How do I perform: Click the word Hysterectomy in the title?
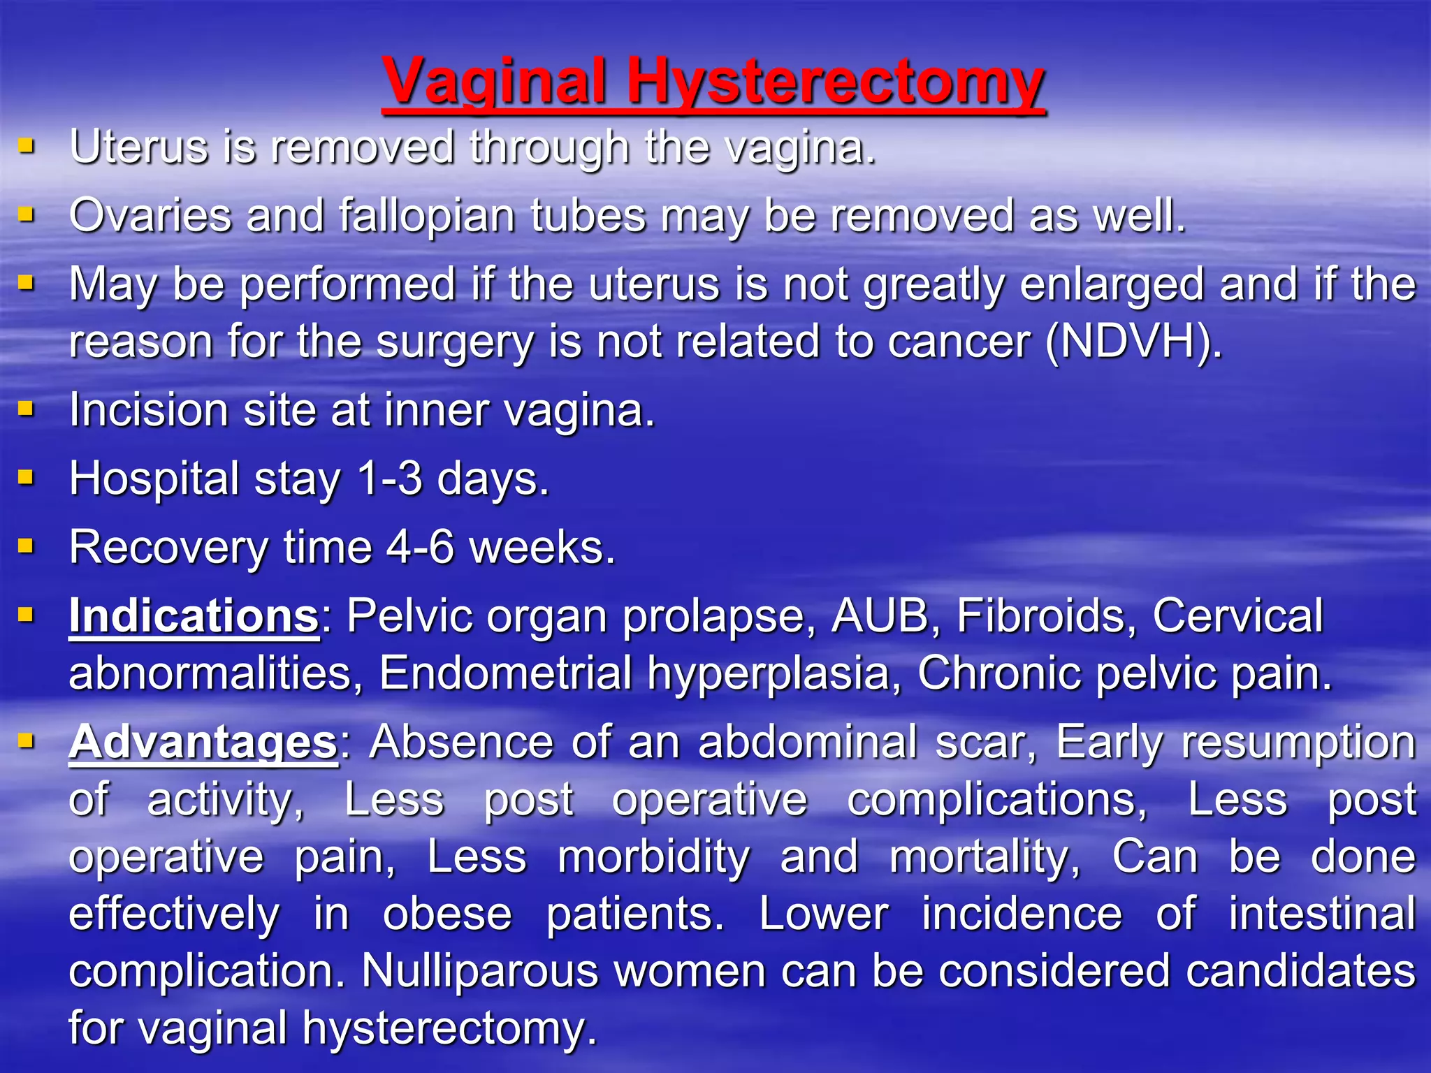(835, 82)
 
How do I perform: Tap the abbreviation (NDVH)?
(1133, 342)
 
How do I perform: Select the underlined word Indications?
(194, 616)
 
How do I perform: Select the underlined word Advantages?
(203, 742)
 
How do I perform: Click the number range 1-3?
(389, 479)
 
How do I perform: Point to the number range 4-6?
(420, 548)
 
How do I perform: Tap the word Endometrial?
(504, 673)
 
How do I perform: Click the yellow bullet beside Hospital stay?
(26, 478)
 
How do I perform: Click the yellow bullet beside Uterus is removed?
(26, 146)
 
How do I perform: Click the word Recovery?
(168, 548)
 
